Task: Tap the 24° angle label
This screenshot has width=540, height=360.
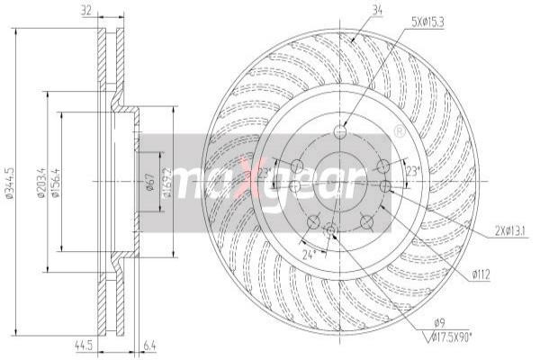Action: click(309, 254)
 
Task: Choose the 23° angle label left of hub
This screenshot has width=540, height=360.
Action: click(265, 171)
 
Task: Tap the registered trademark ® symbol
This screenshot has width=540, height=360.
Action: click(399, 132)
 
